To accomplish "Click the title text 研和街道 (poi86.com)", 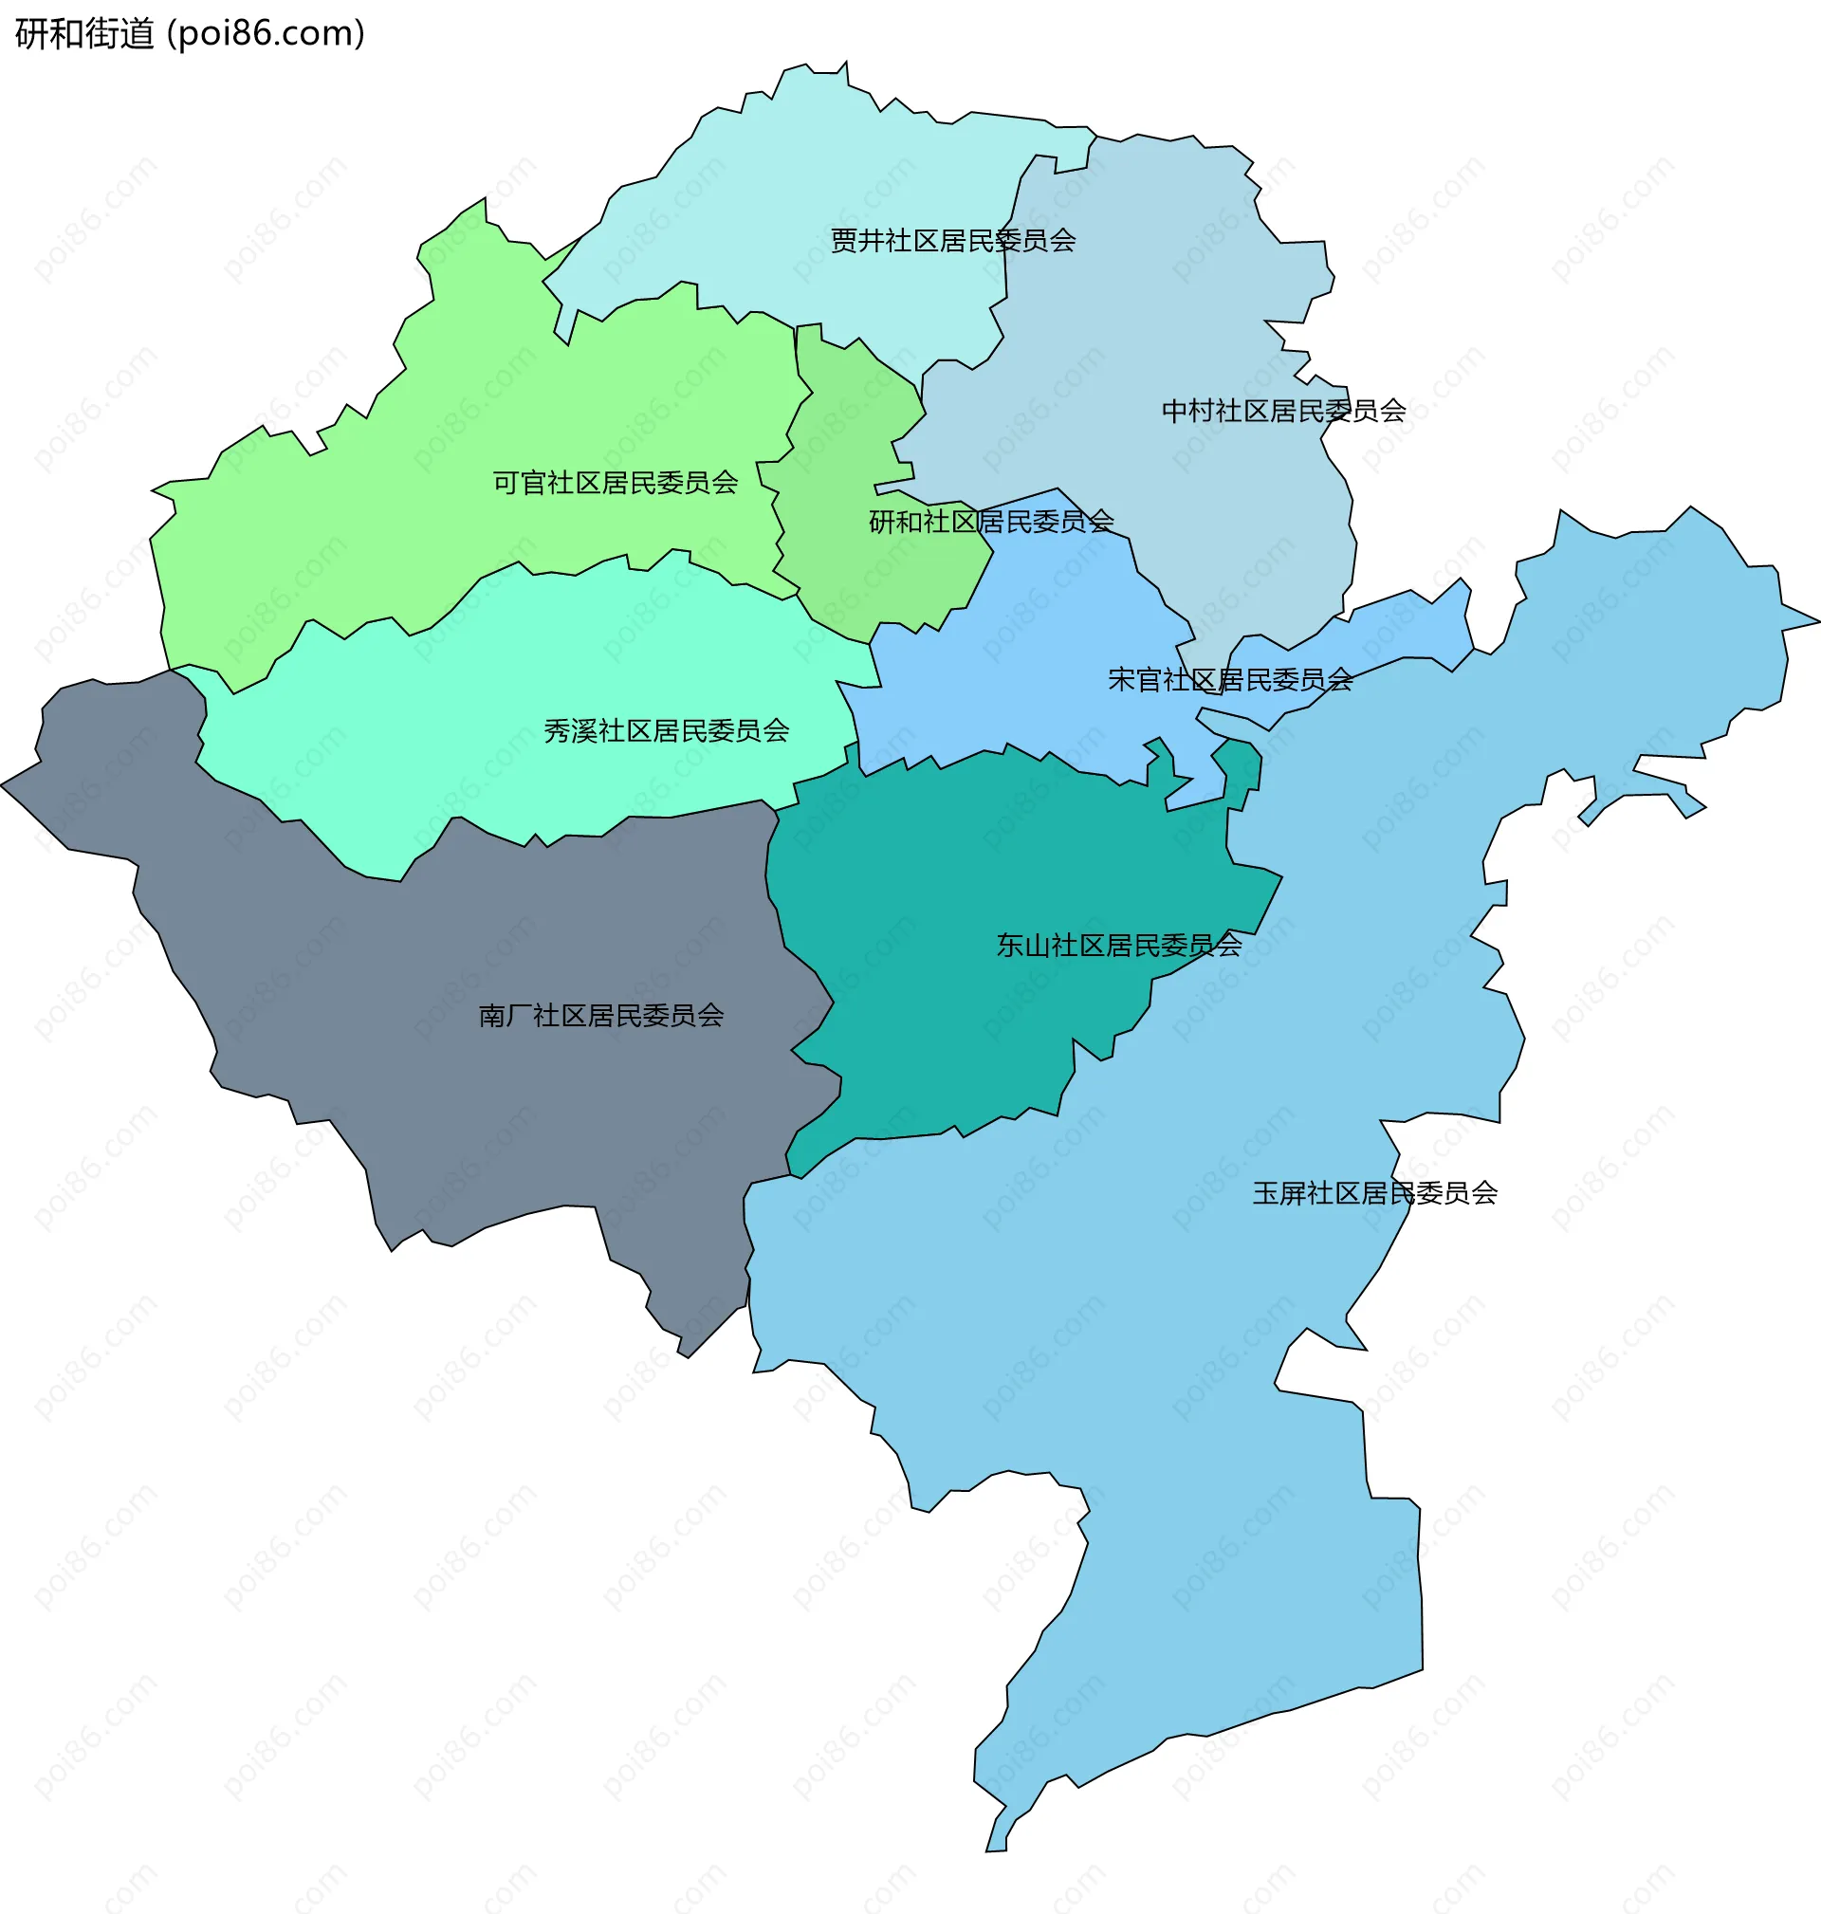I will (x=190, y=34).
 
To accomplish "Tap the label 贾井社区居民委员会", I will (x=952, y=241).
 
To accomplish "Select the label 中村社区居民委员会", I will (x=1283, y=412).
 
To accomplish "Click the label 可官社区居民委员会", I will (x=616, y=483).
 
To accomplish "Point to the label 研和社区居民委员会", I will (x=990, y=523).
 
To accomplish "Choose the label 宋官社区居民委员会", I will (x=1230, y=679).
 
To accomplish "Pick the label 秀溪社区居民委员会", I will (x=666, y=731).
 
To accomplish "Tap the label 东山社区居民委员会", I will (x=1118, y=946).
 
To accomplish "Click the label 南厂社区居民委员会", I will (x=601, y=1015).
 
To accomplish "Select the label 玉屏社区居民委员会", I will (x=1374, y=1193).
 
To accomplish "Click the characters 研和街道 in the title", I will (x=84, y=34).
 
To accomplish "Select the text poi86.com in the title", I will (x=266, y=34).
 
